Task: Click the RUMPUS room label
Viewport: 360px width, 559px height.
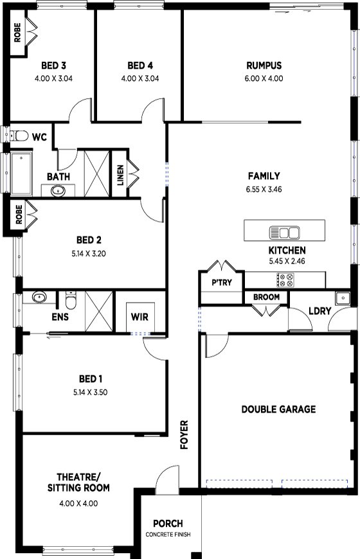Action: click(264, 66)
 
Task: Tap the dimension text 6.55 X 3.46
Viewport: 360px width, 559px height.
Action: click(264, 190)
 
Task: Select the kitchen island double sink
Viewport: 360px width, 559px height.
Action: click(284, 233)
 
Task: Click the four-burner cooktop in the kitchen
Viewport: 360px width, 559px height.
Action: click(285, 280)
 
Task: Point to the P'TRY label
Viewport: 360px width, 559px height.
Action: click(222, 283)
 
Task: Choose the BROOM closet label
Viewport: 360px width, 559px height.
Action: click(267, 297)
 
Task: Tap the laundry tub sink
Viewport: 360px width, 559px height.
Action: click(343, 297)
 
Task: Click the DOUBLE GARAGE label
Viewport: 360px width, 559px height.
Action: click(278, 409)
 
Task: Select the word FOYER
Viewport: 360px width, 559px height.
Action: click(184, 434)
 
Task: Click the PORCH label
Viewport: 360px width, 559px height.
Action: click(168, 524)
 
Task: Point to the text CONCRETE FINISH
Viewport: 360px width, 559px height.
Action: click(168, 535)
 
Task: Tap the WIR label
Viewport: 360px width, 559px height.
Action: click(139, 317)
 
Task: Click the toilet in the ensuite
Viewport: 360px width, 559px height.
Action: click(71, 301)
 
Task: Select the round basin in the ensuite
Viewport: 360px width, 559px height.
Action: click(39, 297)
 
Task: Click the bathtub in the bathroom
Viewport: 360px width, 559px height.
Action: click(21, 173)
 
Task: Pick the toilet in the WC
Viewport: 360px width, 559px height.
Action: click(19, 136)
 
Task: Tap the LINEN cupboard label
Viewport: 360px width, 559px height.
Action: click(120, 175)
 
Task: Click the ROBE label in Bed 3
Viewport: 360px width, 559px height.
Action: click(17, 33)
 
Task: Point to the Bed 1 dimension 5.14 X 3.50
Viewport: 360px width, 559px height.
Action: click(90, 392)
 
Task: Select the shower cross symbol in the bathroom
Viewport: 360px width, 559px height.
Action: click(97, 173)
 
